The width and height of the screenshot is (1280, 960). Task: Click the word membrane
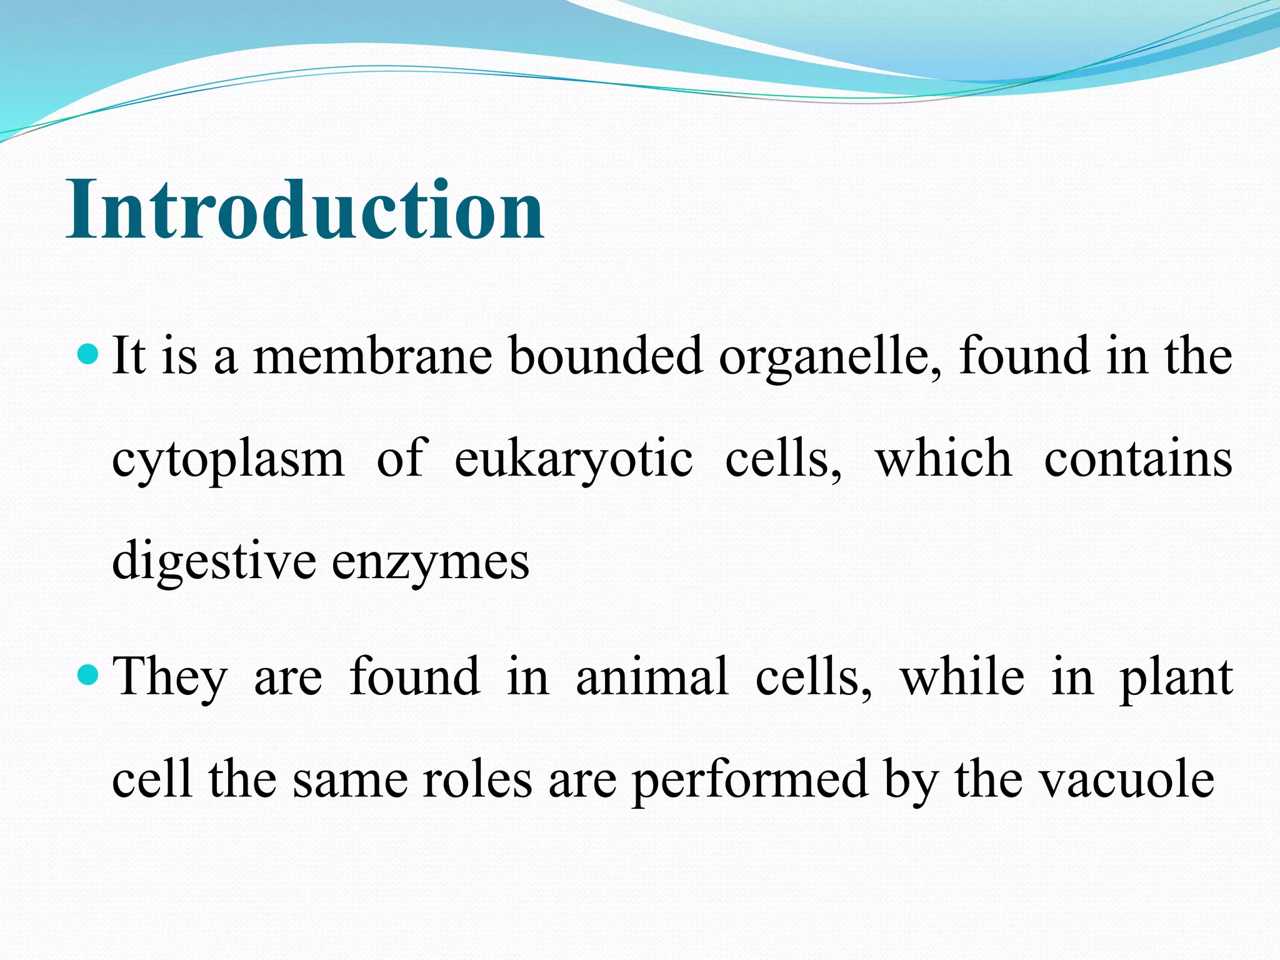pos(373,356)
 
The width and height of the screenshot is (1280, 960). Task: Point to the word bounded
pos(606,356)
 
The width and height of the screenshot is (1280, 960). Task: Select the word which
pos(944,459)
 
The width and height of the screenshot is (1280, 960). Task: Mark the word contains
pos(1138,459)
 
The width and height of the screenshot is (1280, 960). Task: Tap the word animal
pos(652,677)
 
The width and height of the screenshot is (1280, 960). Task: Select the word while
pos(962,677)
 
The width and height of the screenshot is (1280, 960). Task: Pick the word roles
pos(477,780)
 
